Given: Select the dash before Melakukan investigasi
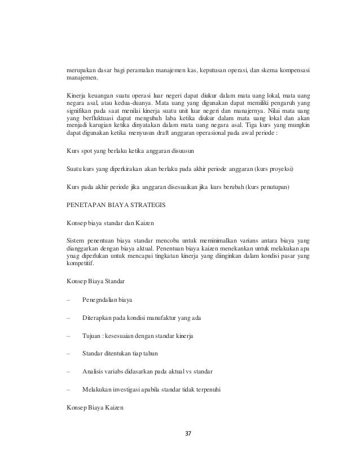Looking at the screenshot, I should click(67, 388).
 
